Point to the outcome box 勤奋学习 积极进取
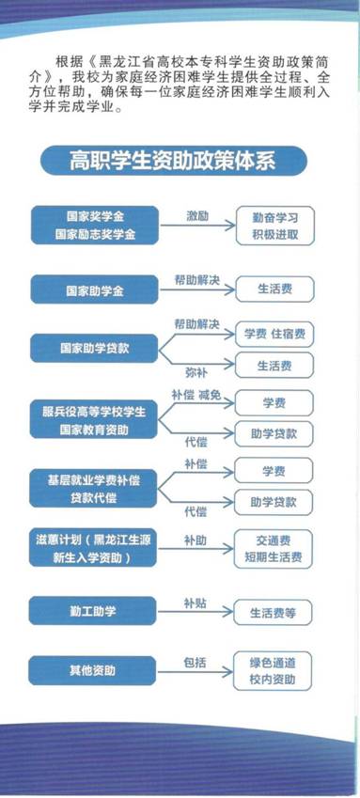(x=274, y=224)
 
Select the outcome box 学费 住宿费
(x=274, y=334)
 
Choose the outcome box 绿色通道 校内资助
(x=274, y=669)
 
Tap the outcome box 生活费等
(x=274, y=613)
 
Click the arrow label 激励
(x=196, y=215)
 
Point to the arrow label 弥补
(x=196, y=371)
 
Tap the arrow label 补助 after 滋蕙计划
(x=196, y=540)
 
